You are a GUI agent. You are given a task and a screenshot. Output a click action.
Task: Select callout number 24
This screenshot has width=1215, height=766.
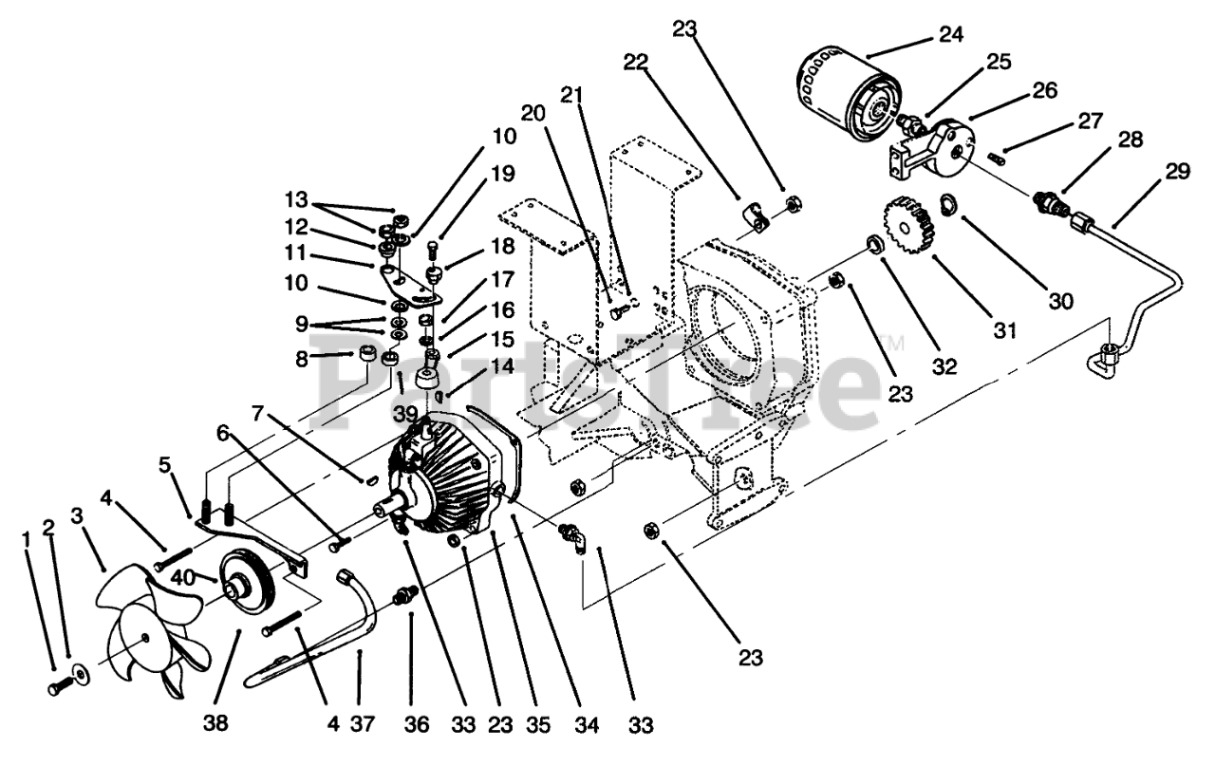[x=950, y=35]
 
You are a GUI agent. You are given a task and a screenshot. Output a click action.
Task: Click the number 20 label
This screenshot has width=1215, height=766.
[x=533, y=112]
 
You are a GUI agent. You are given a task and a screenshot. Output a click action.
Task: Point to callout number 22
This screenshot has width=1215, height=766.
[x=635, y=63]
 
